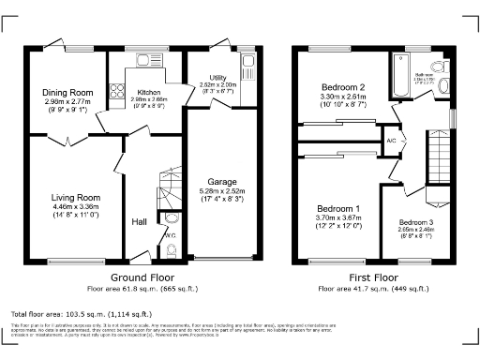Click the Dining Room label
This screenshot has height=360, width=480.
point(67,92)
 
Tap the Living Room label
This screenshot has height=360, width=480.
point(75,198)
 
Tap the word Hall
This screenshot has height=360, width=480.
point(139,221)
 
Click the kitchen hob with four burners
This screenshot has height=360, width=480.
point(119,92)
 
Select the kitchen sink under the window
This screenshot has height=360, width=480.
point(145,64)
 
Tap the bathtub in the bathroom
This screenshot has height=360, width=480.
point(399,75)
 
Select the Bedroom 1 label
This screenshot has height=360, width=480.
point(337,207)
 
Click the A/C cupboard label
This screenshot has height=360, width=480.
point(392,141)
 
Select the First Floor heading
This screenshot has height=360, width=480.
point(371,278)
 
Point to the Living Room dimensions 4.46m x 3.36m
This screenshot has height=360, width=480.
point(75,207)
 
